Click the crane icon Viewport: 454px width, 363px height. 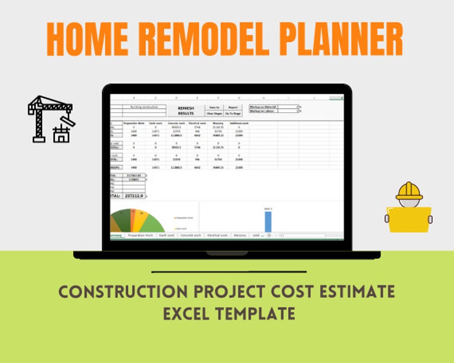pyautogui.click(x=51, y=118)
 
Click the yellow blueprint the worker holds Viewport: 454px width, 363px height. pyautogui.click(x=409, y=220)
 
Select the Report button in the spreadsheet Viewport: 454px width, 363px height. pyautogui.click(x=233, y=107)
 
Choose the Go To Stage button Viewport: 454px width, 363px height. pyautogui.click(x=233, y=114)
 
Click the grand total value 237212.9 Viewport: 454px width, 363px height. pyautogui.click(x=133, y=196)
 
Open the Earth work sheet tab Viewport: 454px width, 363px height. pyautogui.click(x=167, y=235)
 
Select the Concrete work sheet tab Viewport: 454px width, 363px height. pyautogui.click(x=190, y=235)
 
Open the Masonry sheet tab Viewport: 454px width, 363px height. pyautogui.click(x=240, y=235)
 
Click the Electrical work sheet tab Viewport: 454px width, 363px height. pyautogui.click(x=217, y=235)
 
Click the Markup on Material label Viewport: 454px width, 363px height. pyautogui.click(x=263, y=106)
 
